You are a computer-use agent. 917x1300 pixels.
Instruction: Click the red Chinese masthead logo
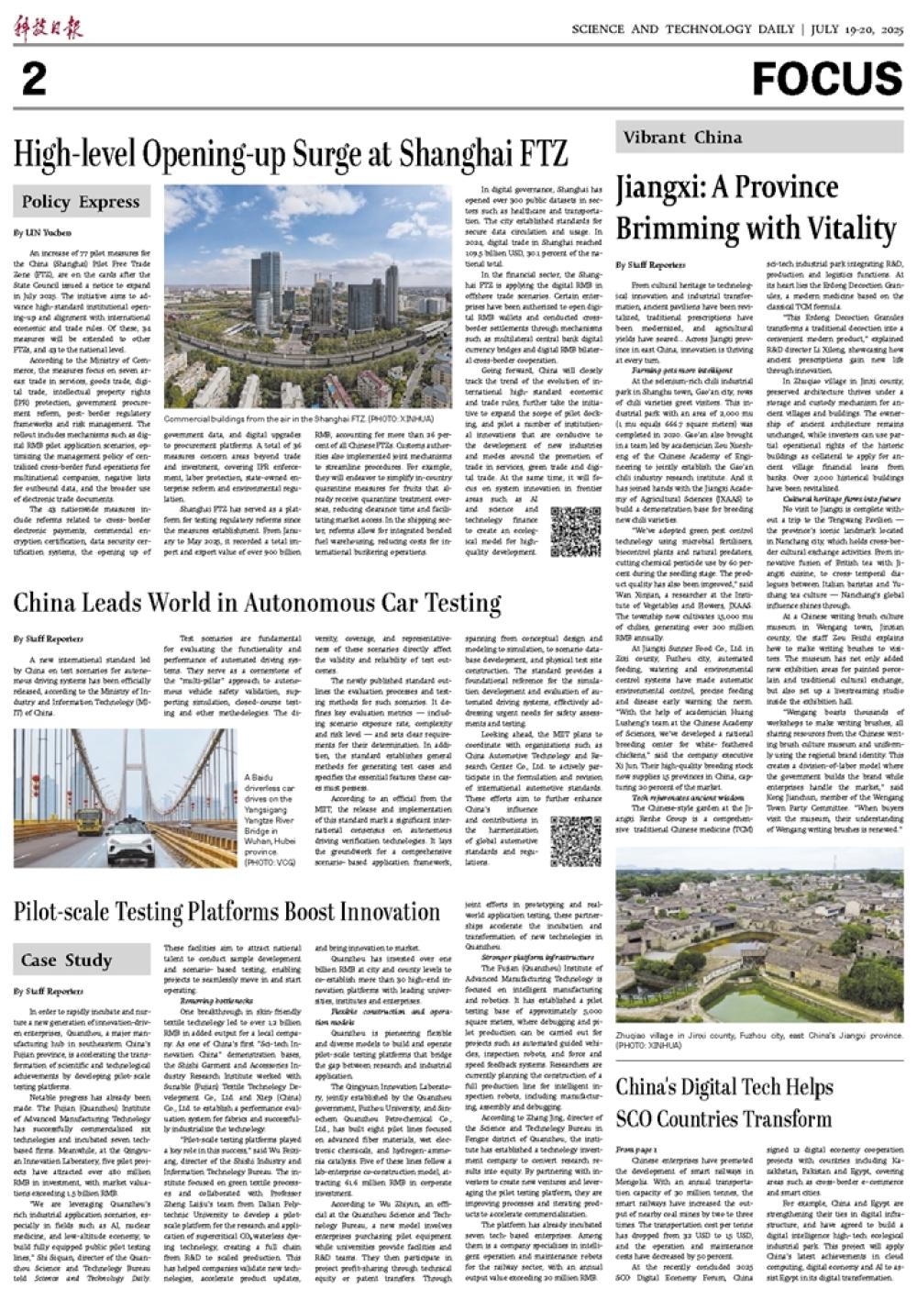click(x=48, y=28)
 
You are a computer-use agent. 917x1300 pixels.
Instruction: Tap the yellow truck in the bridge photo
click(x=88, y=816)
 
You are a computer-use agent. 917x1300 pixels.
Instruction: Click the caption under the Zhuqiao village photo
click(x=759, y=1039)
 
